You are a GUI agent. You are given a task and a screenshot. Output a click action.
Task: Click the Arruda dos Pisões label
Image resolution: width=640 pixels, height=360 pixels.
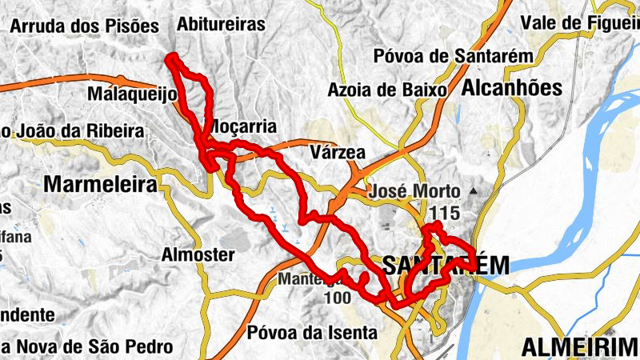tap(86, 26)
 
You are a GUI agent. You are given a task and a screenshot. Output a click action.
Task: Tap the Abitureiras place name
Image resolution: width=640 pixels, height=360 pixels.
tap(222, 24)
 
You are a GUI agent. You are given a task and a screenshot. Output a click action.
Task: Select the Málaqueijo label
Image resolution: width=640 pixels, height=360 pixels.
tap(133, 95)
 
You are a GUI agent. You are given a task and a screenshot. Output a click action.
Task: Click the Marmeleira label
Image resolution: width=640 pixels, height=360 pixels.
tap(99, 185)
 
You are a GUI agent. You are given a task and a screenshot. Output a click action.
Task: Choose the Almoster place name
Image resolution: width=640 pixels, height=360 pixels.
tap(198, 255)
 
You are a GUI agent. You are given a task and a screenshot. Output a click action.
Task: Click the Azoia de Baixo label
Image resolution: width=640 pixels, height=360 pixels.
tap(386, 90)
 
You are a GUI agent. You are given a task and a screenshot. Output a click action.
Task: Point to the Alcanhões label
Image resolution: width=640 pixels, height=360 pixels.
tap(512, 87)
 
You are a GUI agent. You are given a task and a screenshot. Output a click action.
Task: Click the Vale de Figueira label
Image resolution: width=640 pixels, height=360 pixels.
tap(579, 22)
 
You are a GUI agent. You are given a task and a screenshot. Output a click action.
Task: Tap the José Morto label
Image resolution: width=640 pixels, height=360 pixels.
tap(414, 192)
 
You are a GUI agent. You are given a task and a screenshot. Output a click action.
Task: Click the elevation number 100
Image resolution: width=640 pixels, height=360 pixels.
tap(338, 298)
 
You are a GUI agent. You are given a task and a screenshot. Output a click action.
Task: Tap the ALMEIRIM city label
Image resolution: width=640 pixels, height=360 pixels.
tap(579, 347)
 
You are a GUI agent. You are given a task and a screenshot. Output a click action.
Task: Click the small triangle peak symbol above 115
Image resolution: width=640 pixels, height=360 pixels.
tap(474, 191)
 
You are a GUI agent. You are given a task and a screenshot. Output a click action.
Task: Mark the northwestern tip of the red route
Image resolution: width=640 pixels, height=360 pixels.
tap(170, 56)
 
